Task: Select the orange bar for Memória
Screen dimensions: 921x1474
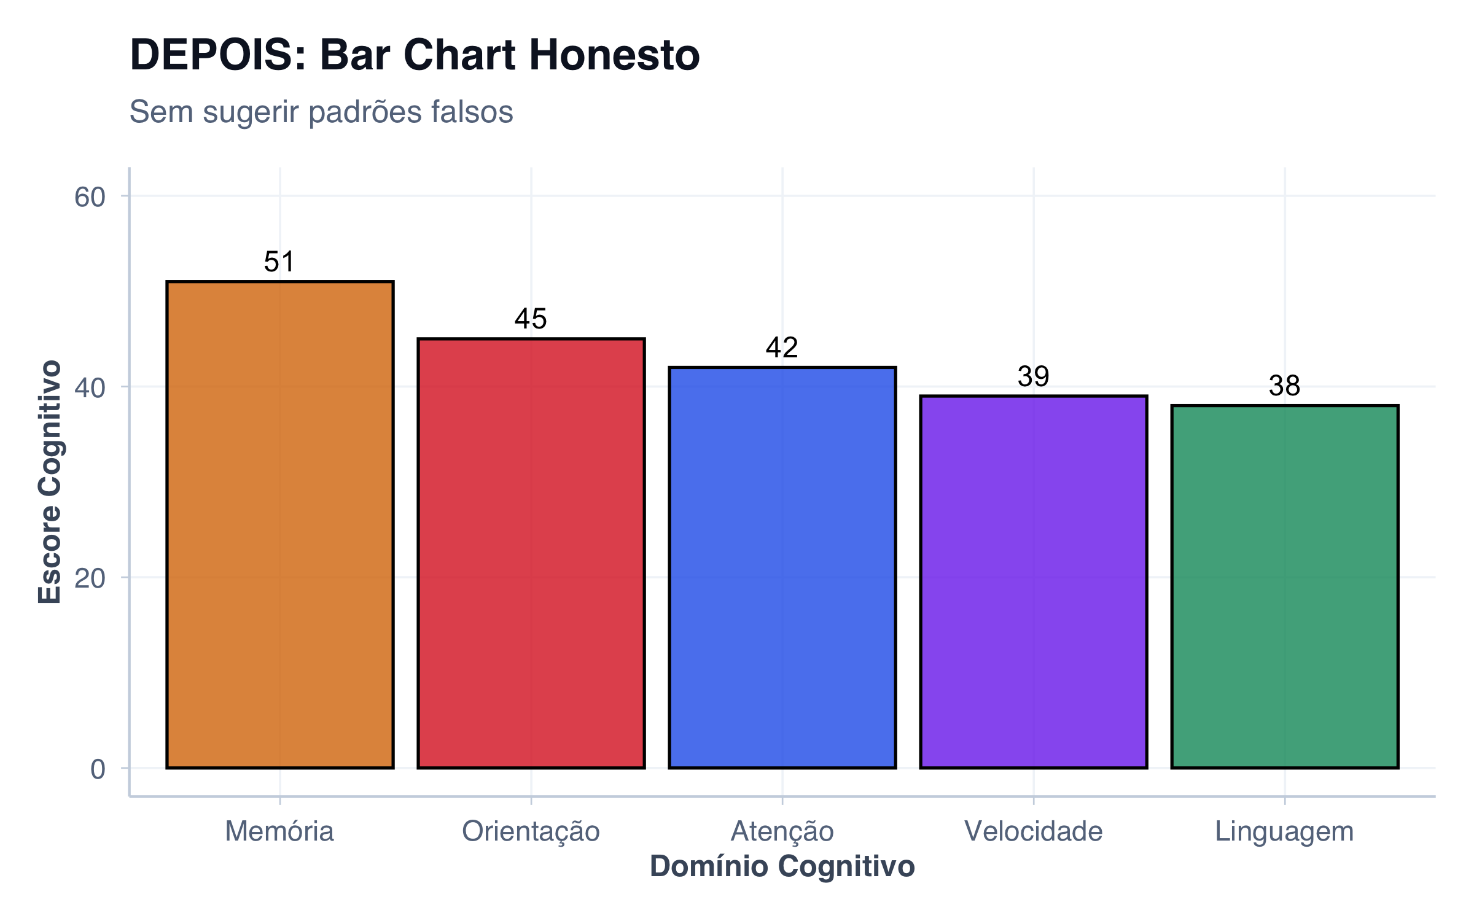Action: coord(279,525)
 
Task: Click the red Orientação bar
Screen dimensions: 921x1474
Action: coord(531,553)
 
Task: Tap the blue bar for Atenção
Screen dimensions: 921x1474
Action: coord(782,568)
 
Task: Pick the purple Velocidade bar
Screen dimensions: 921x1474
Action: coord(1033,582)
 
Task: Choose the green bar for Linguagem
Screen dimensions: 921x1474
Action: coord(1284,586)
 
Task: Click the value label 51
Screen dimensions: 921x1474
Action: coord(279,262)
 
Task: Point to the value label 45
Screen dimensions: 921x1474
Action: coord(531,319)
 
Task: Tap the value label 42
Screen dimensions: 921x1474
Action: coord(782,348)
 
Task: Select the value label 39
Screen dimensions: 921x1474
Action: coord(1033,377)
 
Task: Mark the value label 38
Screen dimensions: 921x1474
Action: coord(1284,386)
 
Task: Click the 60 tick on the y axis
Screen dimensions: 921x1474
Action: coord(90,198)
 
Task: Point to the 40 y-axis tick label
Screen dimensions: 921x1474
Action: coord(90,388)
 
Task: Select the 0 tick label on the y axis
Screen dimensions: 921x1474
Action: coord(98,769)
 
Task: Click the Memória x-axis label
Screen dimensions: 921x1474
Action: coord(279,832)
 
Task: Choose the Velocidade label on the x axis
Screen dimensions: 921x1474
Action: coord(1033,832)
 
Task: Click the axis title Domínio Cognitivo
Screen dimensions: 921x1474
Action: coord(782,867)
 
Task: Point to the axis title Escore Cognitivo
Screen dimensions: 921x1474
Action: coord(50,482)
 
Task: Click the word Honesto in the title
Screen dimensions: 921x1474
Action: coord(614,55)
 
